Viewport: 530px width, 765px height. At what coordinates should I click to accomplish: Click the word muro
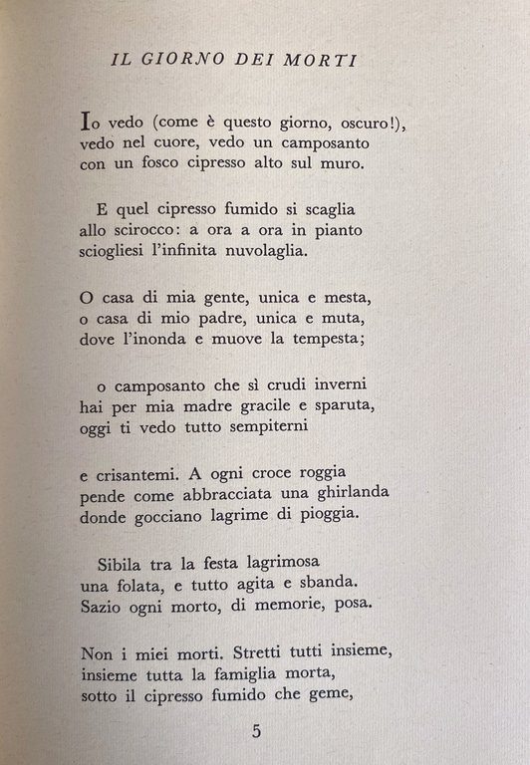click(345, 164)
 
